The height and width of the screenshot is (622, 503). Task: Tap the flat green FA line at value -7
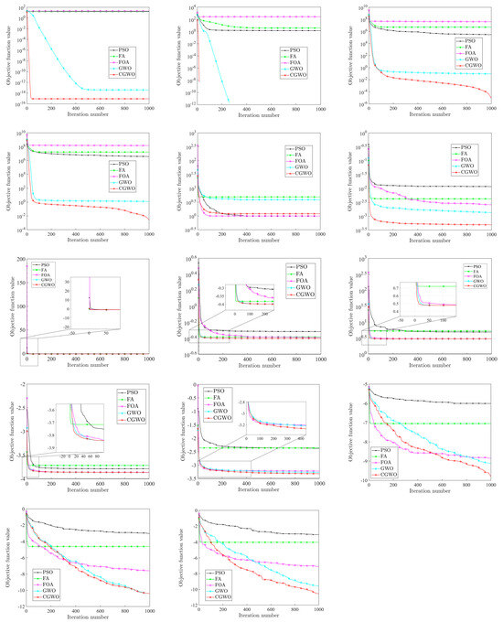[x=439, y=424]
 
